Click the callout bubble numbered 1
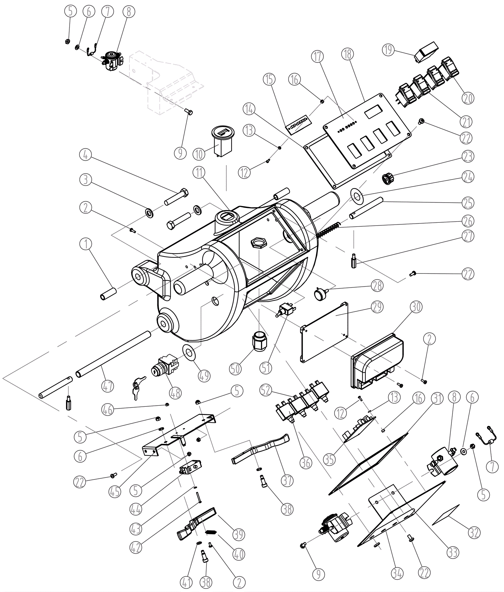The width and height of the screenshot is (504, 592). pos(86,244)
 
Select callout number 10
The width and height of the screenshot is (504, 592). pos(199,154)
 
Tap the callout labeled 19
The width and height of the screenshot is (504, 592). pos(388,50)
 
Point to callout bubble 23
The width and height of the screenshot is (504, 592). pos(468,156)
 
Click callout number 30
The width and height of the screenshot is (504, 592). pos(416,307)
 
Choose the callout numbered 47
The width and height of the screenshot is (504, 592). pos(108,386)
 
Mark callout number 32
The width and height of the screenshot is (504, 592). pos(474,533)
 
